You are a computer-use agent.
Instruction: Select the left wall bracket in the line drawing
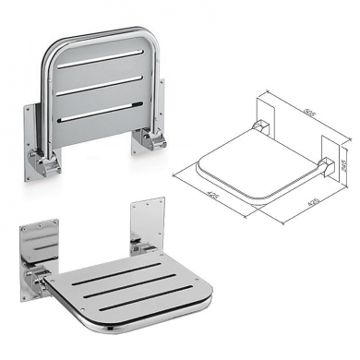260,123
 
